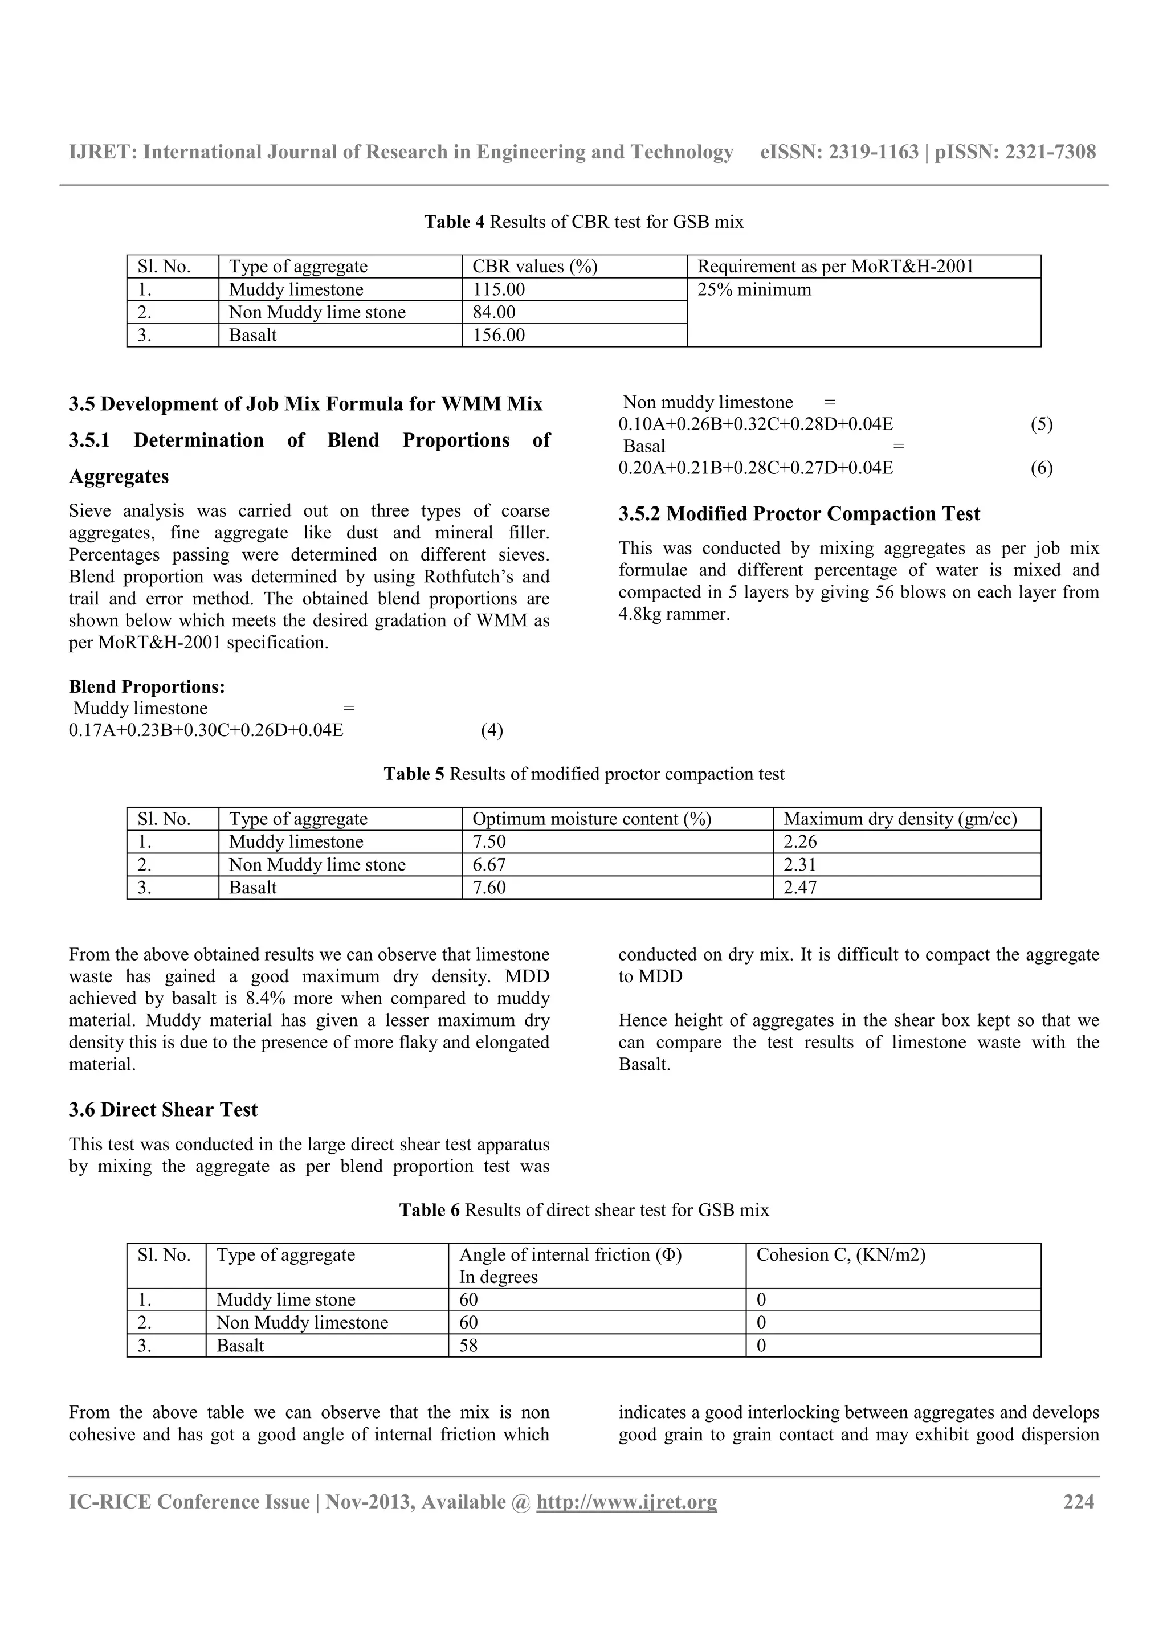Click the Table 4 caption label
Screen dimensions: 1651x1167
454,222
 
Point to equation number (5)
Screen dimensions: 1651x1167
1041,424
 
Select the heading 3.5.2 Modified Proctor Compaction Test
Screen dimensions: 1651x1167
799,513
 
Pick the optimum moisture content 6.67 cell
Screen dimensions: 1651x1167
489,864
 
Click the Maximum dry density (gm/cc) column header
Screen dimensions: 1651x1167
900,819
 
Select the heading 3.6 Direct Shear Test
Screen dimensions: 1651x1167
163,1110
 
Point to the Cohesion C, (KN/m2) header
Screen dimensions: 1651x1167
840,1255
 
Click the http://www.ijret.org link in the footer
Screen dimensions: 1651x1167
626,1502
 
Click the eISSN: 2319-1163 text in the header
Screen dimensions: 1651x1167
838,152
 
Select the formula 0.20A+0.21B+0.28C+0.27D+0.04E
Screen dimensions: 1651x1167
755,468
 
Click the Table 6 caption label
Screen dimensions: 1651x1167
429,1210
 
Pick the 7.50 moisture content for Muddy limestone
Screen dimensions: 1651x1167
489,842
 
